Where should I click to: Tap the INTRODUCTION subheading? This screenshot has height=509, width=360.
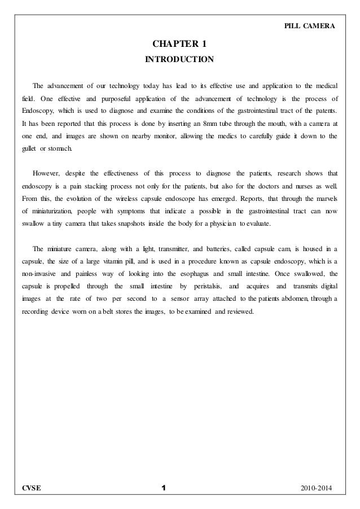(x=179, y=59)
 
